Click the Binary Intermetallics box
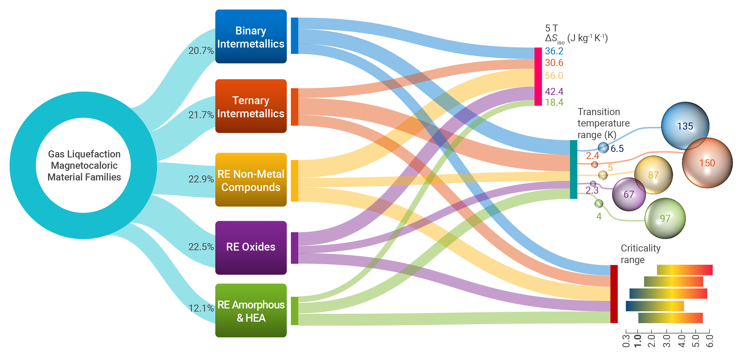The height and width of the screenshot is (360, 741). [251, 37]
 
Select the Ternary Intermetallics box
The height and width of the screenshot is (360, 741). [251, 106]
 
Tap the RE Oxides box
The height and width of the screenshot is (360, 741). [251, 247]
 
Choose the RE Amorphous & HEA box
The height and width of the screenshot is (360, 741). [251, 310]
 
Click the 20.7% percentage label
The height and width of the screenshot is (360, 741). [201, 51]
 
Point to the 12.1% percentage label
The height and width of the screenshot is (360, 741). [201, 308]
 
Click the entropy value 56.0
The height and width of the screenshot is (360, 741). [554, 76]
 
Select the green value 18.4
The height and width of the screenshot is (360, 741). [554, 102]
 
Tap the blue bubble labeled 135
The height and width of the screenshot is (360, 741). [685, 126]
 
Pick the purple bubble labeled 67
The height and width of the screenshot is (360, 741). [629, 194]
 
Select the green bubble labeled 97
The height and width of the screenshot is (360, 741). [665, 218]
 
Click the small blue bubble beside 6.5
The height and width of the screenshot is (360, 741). [603, 148]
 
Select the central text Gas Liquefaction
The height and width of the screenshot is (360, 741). [84, 154]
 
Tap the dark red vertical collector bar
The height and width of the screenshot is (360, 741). [614, 294]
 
